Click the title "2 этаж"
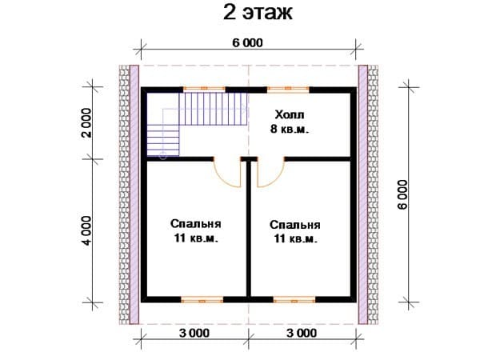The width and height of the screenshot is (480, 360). point(258,13)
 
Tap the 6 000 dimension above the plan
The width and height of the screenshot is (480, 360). point(247,43)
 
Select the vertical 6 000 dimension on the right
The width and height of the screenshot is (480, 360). point(403,194)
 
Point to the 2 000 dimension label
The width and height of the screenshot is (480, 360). point(87,122)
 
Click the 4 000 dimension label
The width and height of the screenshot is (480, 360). point(87,230)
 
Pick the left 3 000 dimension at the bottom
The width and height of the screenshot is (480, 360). point(194,333)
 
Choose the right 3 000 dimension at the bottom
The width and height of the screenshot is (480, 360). point(302,333)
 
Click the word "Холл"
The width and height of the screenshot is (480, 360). point(290,114)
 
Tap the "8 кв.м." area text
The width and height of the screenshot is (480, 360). point(290,129)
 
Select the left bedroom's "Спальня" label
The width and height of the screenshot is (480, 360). point(196,224)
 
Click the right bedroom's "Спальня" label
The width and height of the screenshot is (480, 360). point(295,225)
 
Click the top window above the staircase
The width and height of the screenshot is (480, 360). point(204,89)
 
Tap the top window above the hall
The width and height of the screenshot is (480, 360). point(288,89)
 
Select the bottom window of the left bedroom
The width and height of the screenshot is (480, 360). point(202,300)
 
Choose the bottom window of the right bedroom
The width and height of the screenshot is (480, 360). point(294,300)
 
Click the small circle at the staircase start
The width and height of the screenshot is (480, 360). point(163,156)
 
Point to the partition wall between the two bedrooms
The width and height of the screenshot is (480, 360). point(249,229)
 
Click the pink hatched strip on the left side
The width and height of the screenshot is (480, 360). point(134,194)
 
